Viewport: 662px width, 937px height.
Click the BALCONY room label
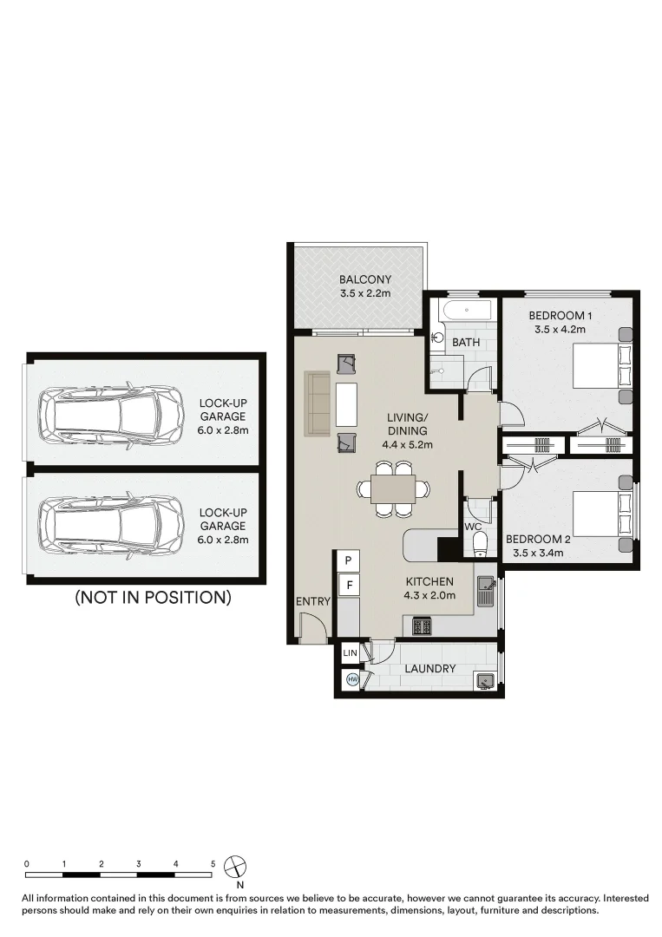(365, 279)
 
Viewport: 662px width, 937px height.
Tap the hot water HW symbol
(352, 679)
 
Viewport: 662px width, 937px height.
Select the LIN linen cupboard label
(351, 653)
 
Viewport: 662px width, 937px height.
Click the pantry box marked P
(348, 560)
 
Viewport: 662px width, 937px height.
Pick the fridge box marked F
(348, 585)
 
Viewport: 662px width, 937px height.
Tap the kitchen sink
(484, 592)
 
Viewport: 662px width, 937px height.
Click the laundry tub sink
(484, 681)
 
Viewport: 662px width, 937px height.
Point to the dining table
(393, 488)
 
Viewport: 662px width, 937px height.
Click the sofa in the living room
(318, 404)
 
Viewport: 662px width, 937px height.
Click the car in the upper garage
(112, 412)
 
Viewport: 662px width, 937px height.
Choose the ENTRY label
(313, 602)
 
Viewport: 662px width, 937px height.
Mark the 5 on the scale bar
(213, 863)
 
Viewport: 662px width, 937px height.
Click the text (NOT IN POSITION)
(153, 597)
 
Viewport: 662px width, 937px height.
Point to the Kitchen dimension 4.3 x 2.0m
(429, 595)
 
